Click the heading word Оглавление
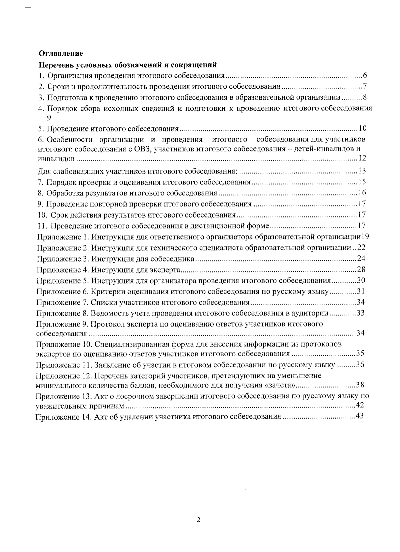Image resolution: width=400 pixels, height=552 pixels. tap(61, 53)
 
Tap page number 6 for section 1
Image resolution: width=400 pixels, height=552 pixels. tap(365, 75)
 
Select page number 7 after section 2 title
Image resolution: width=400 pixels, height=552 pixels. tap(365, 86)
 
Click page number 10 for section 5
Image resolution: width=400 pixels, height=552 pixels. tap(363, 128)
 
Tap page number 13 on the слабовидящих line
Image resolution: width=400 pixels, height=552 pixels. tap(362, 171)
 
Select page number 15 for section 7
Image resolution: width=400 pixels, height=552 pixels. tap(362, 182)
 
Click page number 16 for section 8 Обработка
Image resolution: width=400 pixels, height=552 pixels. tap(362, 193)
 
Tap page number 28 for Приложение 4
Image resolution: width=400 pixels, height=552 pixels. tap(361, 269)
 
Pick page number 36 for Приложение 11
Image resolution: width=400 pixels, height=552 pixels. tap(360, 365)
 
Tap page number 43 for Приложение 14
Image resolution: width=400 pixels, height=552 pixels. tap(359, 416)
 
